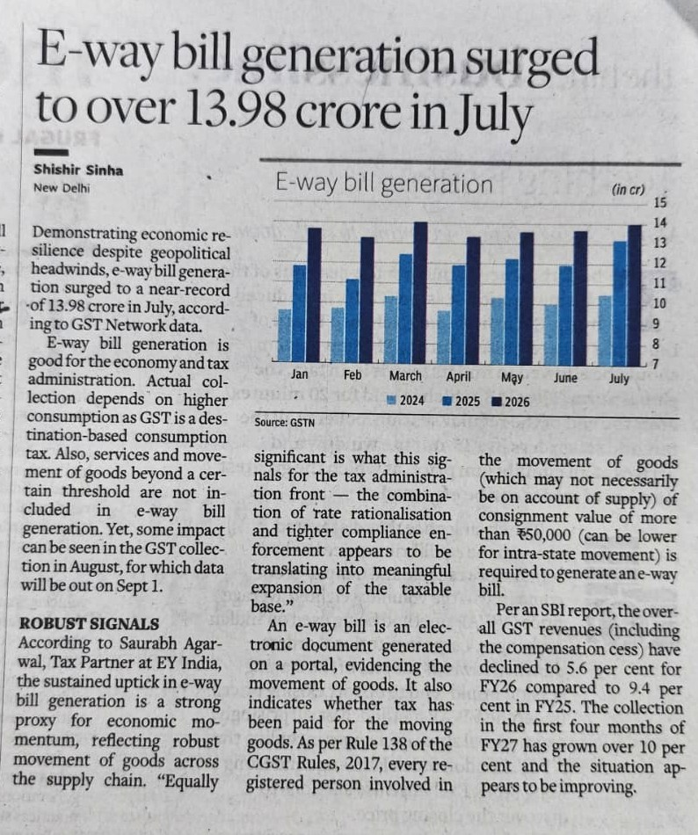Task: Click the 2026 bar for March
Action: [420, 293]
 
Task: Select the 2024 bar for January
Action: [285, 336]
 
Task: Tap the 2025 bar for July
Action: [619, 303]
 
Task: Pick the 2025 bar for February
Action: [353, 321]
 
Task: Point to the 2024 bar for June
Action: [551, 335]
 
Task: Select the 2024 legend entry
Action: [406, 401]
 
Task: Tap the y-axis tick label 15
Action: [659, 203]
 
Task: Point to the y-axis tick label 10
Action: [659, 303]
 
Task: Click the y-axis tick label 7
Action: [657, 365]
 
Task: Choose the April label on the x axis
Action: [458, 376]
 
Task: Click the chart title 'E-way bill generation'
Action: [384, 184]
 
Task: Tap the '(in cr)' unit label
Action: [629, 189]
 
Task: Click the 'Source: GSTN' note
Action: [284, 423]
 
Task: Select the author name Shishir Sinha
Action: [78, 170]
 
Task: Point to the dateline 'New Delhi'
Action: [62, 188]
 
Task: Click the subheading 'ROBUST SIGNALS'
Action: [89, 624]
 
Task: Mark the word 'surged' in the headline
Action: [532, 60]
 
